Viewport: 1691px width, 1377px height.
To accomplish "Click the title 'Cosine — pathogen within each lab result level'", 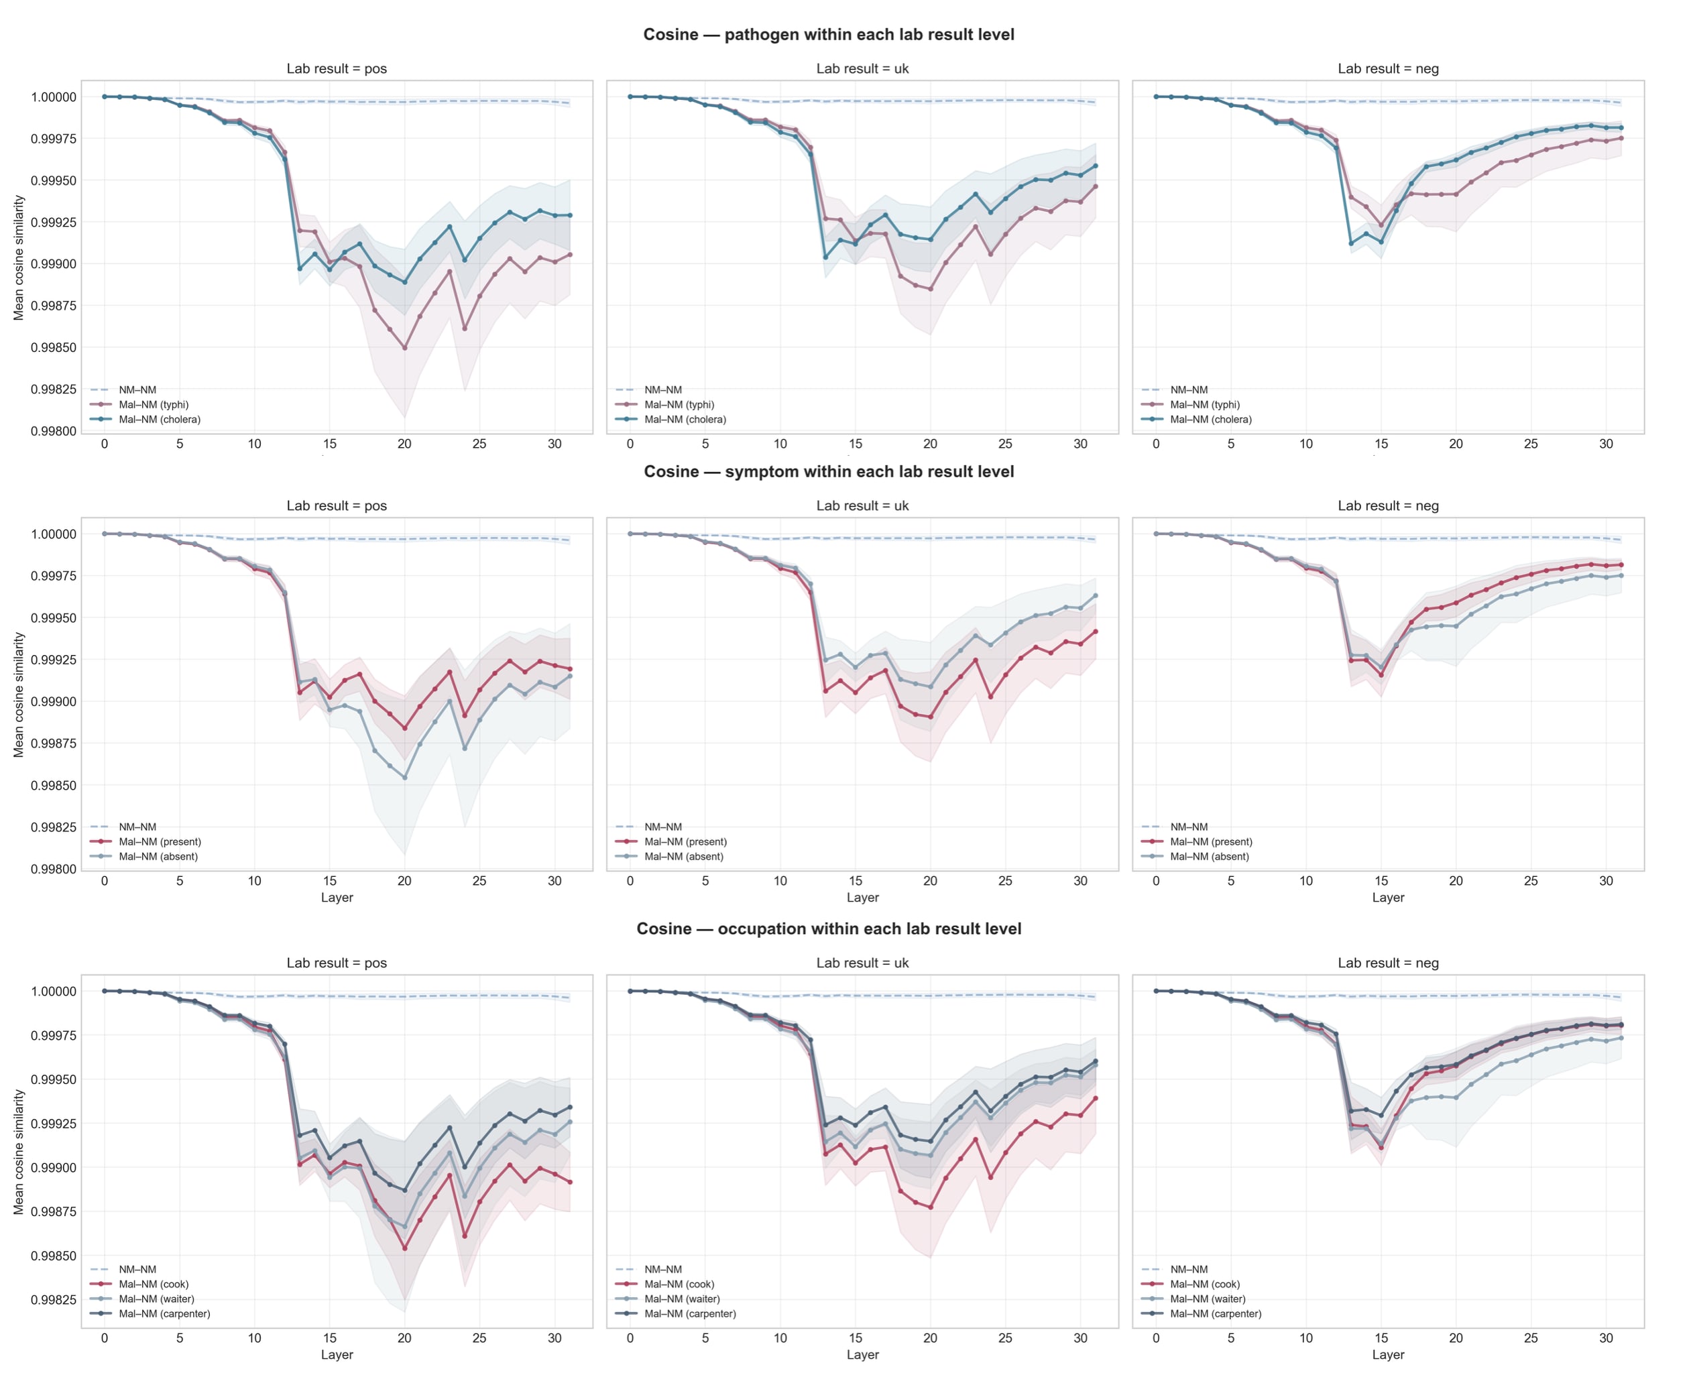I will point(828,34).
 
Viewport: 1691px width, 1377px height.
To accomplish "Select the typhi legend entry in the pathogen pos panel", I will point(153,404).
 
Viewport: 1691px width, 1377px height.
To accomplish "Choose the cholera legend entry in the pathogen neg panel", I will point(1210,420).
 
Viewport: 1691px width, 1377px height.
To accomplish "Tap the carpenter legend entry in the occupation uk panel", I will point(690,1313).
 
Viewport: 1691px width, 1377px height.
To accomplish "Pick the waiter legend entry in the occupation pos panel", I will point(156,1299).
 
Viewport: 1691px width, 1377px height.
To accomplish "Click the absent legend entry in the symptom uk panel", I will point(684,857).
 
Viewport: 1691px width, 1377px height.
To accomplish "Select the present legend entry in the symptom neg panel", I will point(1210,841).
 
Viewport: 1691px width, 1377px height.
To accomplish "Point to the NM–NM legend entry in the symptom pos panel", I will point(137,827).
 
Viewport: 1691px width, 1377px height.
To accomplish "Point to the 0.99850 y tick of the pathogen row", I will point(53,347).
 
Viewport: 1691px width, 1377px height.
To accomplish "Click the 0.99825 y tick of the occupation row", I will point(53,1299).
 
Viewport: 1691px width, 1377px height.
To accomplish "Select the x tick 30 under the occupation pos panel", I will point(555,1338).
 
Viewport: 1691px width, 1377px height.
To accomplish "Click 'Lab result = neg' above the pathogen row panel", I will point(1387,69).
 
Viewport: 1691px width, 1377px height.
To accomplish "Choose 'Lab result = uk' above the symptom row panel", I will point(862,506).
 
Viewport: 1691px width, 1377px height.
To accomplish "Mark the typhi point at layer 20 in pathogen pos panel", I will point(404,347).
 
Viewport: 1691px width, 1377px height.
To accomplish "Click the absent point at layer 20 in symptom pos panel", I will point(404,778).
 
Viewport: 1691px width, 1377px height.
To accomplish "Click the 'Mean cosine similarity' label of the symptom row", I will point(19,695).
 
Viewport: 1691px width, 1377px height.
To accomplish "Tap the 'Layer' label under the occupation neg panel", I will point(1387,1355).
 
